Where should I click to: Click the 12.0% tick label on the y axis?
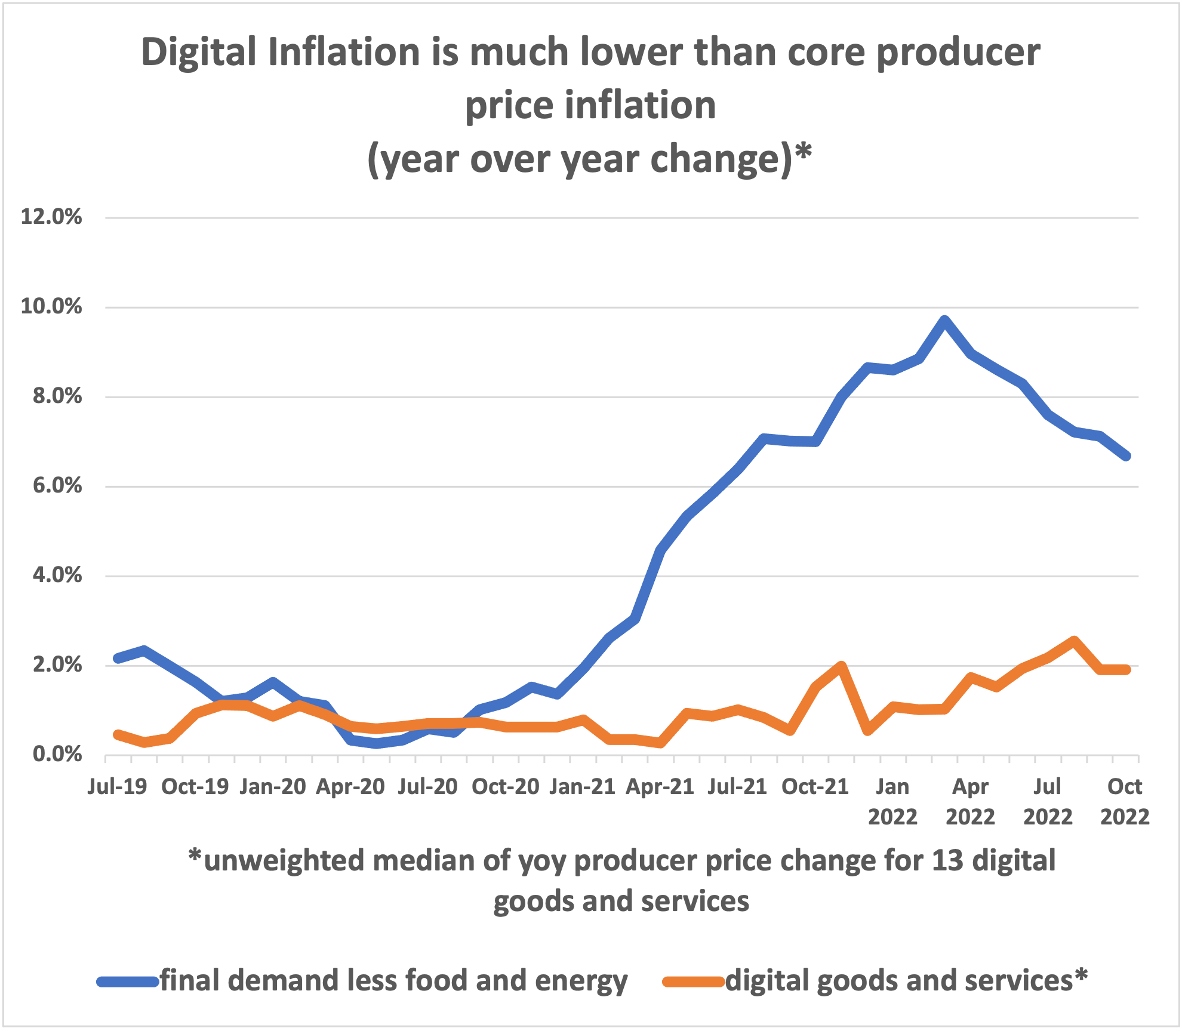(x=51, y=217)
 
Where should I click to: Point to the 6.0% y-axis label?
(x=57, y=485)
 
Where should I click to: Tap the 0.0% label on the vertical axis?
(x=57, y=754)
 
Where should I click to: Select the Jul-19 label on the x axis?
(x=117, y=786)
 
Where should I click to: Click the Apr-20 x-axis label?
(x=350, y=786)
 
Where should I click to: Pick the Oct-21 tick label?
(x=815, y=786)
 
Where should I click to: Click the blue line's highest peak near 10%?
(x=944, y=321)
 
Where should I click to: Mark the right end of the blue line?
(x=1126, y=456)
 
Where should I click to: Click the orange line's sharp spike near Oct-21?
(x=841, y=666)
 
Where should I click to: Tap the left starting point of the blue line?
(x=118, y=658)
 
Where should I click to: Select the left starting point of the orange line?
(x=118, y=735)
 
